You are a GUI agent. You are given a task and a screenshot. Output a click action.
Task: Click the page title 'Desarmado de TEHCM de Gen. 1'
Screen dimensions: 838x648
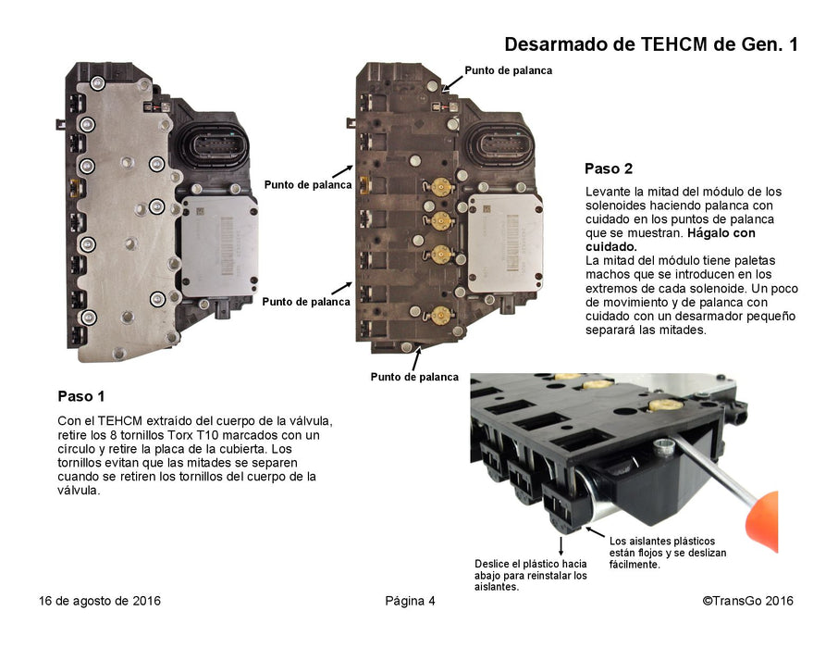(x=651, y=44)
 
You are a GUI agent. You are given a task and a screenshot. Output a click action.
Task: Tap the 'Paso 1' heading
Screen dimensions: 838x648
(x=81, y=396)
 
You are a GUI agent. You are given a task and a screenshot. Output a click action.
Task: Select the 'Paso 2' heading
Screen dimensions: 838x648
(x=609, y=169)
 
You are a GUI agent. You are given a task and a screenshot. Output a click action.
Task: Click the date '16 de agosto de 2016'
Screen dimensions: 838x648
(x=99, y=601)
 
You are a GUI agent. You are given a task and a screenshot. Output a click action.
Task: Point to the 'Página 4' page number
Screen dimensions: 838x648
(x=410, y=601)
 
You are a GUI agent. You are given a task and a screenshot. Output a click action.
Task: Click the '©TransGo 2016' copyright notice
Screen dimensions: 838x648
(x=747, y=601)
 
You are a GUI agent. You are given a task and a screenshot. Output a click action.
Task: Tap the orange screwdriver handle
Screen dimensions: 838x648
(x=762, y=521)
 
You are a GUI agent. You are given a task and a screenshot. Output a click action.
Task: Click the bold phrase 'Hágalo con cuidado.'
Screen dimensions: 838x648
(x=671, y=240)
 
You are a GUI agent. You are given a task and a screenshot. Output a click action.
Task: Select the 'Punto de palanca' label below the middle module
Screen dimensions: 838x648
(x=414, y=377)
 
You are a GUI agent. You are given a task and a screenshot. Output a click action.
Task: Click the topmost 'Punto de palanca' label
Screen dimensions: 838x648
(x=508, y=70)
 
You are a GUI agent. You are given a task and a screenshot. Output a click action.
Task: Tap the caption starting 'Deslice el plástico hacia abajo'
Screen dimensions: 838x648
(x=531, y=575)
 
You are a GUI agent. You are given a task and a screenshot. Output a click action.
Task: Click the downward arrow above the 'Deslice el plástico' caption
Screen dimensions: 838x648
(x=561, y=546)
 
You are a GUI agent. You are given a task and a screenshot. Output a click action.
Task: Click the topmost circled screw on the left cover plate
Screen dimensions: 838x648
(x=97, y=83)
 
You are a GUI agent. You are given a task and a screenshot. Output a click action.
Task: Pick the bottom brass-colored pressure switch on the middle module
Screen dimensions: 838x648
(x=441, y=315)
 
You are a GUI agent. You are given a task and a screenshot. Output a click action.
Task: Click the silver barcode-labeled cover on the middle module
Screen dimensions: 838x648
(x=506, y=243)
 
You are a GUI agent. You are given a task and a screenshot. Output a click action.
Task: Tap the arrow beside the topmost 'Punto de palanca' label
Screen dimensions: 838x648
(x=452, y=81)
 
